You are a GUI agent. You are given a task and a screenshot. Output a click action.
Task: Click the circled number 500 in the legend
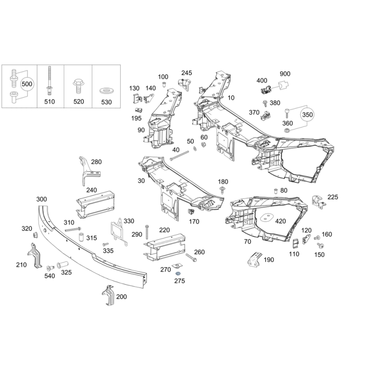point(27,84)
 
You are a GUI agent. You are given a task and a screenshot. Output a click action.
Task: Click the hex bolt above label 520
point(77,86)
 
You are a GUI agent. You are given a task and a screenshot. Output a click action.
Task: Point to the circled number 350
point(307,114)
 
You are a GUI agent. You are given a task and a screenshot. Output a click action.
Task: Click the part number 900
point(285,74)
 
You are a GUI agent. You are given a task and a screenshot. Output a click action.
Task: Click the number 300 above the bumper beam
point(42,199)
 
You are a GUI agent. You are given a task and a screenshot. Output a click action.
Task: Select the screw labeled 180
point(223,188)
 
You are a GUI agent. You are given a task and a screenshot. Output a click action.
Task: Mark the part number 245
point(186,73)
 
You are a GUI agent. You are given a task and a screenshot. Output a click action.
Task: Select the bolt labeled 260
point(190,256)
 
